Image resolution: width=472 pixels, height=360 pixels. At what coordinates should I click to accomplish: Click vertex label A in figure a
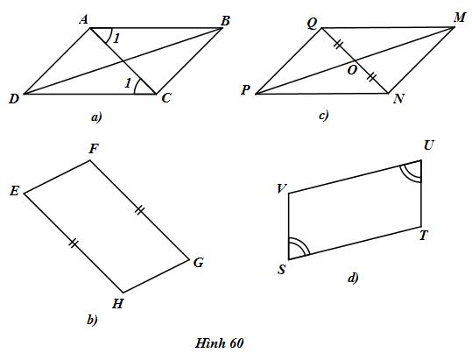click(84, 20)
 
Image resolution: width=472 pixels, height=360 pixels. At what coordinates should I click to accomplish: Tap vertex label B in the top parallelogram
click(225, 21)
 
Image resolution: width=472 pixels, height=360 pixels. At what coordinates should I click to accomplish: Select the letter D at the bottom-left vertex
click(14, 99)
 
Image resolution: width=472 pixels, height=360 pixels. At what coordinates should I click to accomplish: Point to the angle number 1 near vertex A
click(116, 39)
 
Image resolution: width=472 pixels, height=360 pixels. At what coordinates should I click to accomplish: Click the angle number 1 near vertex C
click(128, 83)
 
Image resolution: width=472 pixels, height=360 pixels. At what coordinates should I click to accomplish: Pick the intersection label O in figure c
click(352, 70)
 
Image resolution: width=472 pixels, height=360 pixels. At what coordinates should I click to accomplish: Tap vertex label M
click(460, 18)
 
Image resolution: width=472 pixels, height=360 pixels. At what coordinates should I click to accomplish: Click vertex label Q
click(313, 24)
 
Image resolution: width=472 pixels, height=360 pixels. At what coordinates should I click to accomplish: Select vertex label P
click(245, 89)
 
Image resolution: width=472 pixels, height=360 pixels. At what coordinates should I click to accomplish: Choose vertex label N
click(398, 99)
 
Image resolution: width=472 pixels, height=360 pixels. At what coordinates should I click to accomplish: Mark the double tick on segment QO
click(338, 45)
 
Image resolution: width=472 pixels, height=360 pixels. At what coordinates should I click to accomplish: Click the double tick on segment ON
click(372, 77)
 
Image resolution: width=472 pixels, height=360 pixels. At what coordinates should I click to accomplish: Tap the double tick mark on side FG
click(139, 210)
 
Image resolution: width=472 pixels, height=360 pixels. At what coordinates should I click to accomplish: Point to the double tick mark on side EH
click(74, 243)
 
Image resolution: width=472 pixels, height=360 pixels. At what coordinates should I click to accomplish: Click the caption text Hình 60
click(219, 343)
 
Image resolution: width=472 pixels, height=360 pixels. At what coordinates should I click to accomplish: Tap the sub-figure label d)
click(353, 278)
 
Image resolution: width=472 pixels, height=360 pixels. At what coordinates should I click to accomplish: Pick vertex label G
click(199, 263)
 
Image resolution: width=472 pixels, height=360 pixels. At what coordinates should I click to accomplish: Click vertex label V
click(282, 189)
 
